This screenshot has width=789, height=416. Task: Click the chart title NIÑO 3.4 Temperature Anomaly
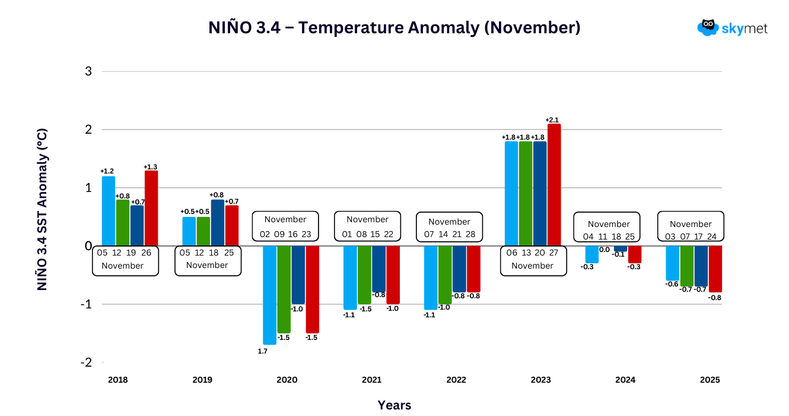pos(394,28)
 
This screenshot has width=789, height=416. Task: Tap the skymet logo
pos(732,27)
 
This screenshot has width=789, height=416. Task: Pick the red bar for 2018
pos(151,208)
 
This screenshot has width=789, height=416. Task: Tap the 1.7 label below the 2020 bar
pos(262,351)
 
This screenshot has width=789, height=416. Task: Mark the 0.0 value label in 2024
pos(605,250)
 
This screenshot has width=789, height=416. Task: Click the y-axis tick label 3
pos(88,71)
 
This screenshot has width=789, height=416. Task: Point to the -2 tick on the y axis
pos(86,363)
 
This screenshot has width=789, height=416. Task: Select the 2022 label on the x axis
pos(456,380)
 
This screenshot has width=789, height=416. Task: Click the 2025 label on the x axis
pos(710,380)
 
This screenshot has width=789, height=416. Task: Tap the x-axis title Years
pos(394,405)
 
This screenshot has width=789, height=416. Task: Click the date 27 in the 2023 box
pos(553,253)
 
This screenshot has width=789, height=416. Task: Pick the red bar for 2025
pos(715,269)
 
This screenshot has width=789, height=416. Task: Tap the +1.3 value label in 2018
pos(151,167)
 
